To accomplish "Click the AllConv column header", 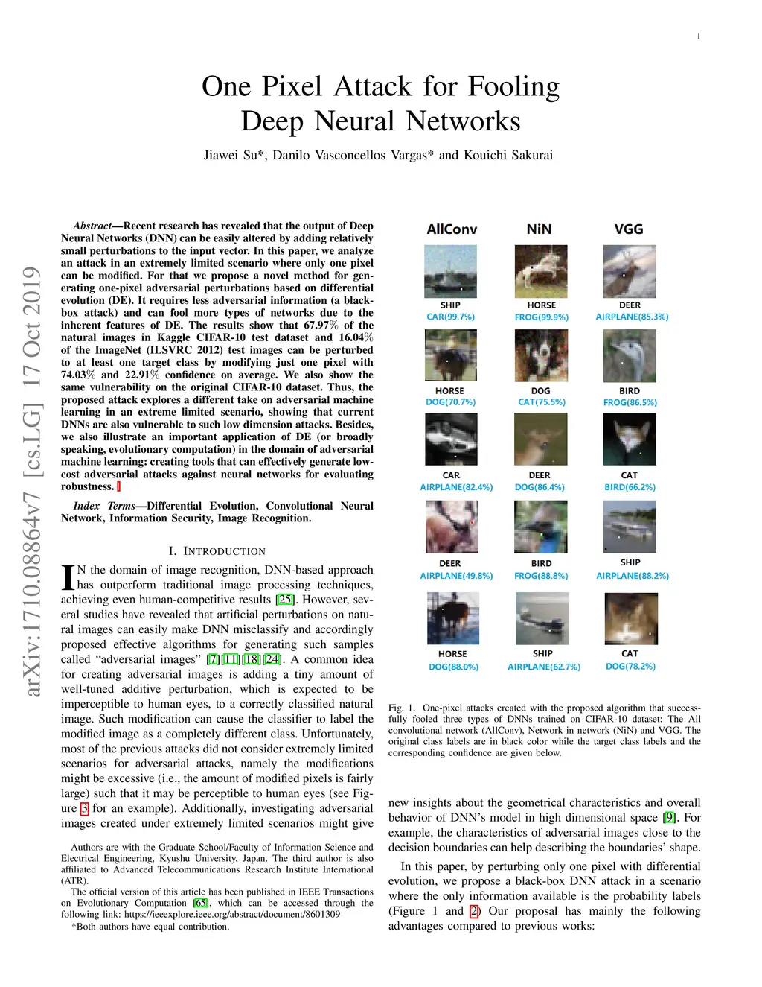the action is click(x=452, y=229).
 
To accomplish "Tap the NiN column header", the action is click(x=539, y=229).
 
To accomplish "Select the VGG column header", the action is click(x=629, y=229).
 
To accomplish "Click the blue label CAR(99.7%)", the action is click(x=450, y=317).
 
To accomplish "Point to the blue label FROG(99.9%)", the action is click(x=541, y=317).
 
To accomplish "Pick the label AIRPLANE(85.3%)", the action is click(x=632, y=317).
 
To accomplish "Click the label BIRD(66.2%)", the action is click(x=630, y=487).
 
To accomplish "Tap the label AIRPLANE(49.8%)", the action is click(x=456, y=576).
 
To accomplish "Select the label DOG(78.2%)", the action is click(x=630, y=666).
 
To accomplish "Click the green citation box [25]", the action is click(x=285, y=599).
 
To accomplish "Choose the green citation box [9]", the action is click(x=668, y=817).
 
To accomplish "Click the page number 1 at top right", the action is click(x=699, y=37).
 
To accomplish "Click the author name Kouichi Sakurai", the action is click(x=508, y=156).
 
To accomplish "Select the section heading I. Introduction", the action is click(x=217, y=551).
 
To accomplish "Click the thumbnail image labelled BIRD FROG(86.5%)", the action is click(x=630, y=355).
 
